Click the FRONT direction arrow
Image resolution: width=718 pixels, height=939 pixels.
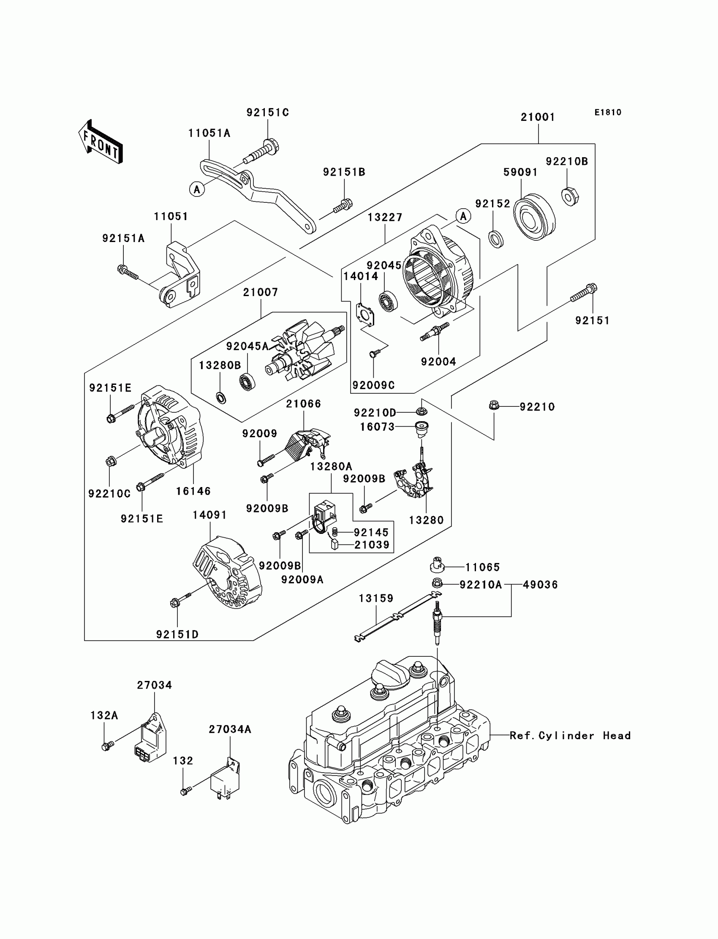point(101,142)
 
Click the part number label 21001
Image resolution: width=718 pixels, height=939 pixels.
point(538,117)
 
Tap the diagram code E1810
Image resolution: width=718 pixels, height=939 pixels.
point(608,112)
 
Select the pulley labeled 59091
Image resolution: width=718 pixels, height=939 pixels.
point(534,217)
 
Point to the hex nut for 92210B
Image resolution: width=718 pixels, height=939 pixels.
point(570,196)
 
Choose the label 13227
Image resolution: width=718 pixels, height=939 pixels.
point(385,218)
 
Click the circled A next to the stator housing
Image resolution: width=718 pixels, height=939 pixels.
point(463,216)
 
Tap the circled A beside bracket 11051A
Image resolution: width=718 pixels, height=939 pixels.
point(196,189)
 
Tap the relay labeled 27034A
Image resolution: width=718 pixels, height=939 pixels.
point(225,782)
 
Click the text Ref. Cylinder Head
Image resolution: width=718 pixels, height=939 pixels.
point(570,735)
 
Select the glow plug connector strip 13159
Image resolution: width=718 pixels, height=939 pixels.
point(397,616)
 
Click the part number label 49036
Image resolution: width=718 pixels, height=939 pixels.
point(540,585)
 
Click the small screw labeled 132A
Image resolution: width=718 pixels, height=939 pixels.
point(107,746)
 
